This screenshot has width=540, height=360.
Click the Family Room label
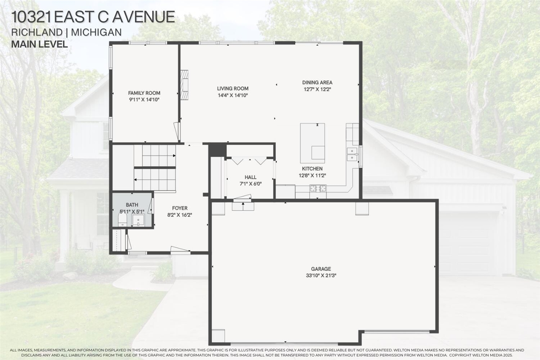(x=144, y=93)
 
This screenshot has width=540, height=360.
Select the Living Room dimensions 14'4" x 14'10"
(x=232, y=95)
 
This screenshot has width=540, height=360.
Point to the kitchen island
(x=312, y=143)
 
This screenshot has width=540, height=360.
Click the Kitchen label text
(x=312, y=169)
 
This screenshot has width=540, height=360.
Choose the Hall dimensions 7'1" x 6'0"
(x=250, y=184)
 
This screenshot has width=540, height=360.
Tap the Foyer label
(x=180, y=208)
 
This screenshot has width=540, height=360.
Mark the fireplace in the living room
(x=184, y=85)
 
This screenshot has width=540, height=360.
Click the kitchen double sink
(x=351, y=154)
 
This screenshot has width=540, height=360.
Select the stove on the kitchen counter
(x=318, y=189)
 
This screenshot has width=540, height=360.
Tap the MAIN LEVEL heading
(x=40, y=44)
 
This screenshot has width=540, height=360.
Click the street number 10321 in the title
(x=32, y=17)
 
